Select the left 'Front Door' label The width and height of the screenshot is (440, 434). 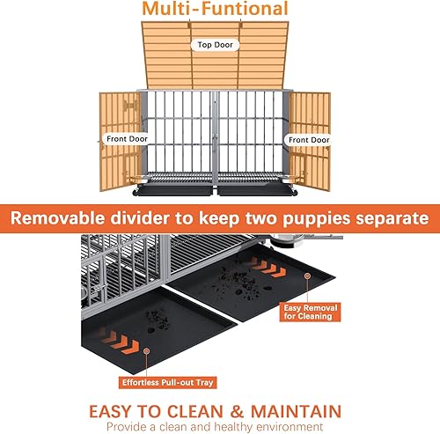point(127,138)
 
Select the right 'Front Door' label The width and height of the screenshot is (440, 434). point(306,138)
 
